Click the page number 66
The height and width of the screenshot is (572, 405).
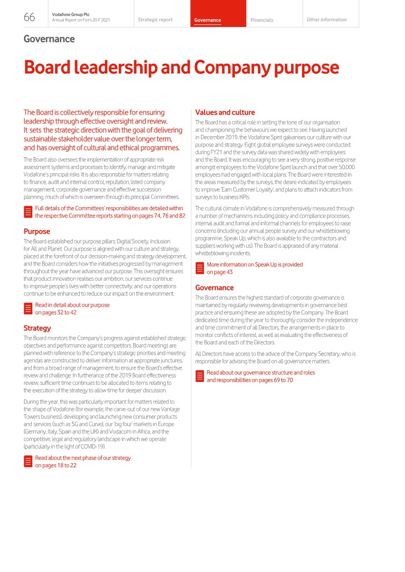29,18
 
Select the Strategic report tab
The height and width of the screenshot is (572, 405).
155,20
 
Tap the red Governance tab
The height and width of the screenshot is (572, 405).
207,20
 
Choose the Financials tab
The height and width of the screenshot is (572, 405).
261,20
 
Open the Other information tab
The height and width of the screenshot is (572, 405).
327,20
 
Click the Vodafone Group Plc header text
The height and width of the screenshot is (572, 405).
67,15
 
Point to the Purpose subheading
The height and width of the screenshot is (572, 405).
37,231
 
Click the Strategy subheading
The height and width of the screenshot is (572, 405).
37,328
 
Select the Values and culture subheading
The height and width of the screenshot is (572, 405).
225,112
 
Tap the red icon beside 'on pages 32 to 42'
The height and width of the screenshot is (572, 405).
28,309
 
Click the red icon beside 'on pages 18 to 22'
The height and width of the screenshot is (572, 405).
28,461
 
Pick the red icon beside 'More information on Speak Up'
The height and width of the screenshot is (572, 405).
200,268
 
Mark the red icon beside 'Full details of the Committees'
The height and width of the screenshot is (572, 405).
28,212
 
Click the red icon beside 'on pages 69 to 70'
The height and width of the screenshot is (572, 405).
200,376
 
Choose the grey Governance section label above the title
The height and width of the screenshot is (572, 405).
49,39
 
